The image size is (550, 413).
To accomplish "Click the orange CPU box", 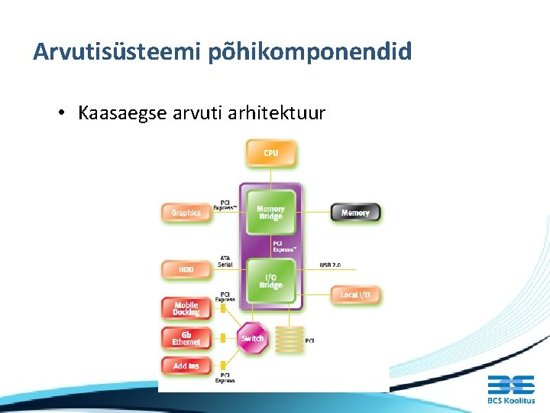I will point(270,153).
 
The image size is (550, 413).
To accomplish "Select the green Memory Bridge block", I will point(270,212).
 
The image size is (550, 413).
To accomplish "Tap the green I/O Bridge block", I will point(270,281).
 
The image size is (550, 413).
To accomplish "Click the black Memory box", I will point(355,213).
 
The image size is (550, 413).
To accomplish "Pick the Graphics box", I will point(186,213).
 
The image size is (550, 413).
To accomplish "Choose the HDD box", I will point(186,270).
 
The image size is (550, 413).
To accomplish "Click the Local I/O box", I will point(355,294).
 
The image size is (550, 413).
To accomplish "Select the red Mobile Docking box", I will point(186,308).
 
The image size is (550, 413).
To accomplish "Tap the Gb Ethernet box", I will point(186,337).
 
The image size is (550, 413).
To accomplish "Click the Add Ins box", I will point(186,366).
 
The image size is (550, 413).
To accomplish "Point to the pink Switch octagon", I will point(252,338).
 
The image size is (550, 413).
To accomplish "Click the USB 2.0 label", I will point(330,265).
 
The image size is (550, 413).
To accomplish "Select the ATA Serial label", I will point(225,261).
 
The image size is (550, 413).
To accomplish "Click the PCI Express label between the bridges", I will point(284,247).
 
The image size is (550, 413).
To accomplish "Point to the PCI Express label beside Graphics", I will point(225,205).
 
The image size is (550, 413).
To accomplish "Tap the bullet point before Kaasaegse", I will point(61,113).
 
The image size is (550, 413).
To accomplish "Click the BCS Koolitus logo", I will point(511,389).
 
